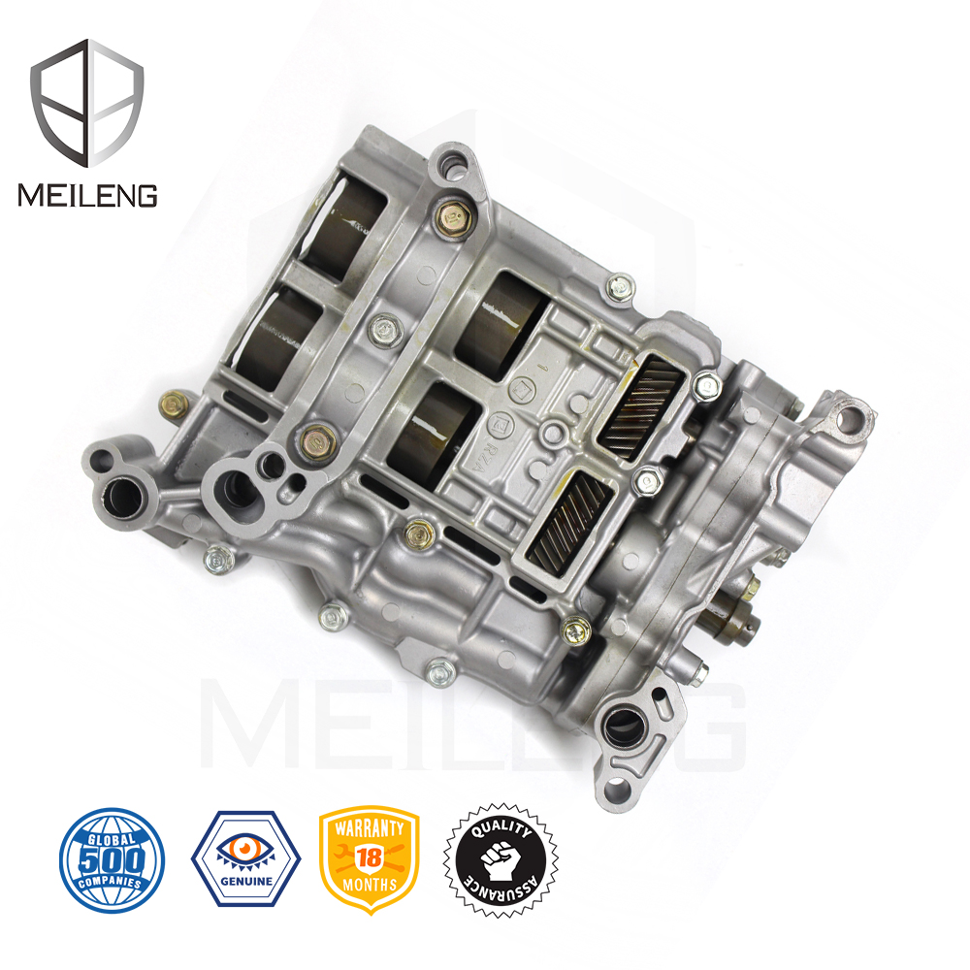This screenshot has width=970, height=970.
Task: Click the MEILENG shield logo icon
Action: click(87, 101)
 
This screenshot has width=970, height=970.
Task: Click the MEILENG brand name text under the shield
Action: click(87, 195)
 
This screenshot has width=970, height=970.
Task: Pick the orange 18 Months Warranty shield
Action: click(370, 859)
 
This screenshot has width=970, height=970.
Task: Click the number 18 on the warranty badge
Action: click(370, 857)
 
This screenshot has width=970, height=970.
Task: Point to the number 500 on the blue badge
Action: click(112, 858)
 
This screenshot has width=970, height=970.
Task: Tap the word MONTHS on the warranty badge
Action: click(370, 885)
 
